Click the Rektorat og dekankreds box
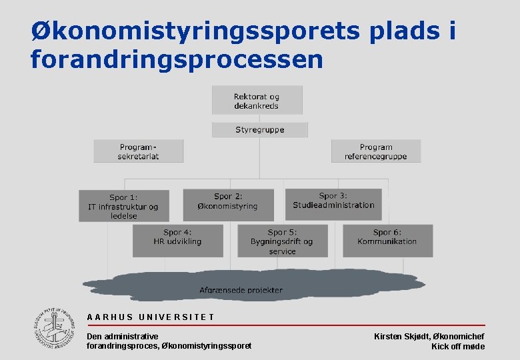coord(257,101)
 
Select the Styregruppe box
coord(259,129)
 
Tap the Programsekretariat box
coord(138,151)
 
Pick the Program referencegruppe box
coord(375,151)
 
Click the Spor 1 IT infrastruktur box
coord(123,206)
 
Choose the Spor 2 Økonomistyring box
coord(227,201)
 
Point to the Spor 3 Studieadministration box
coord(333,201)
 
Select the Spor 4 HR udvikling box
coord(177,240)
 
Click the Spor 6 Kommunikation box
coord(387,240)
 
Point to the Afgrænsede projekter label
coord(241,290)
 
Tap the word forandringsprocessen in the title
coord(177,60)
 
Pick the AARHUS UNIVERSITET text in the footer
coord(151,317)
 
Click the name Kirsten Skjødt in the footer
coord(401,337)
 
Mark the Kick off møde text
coord(458,347)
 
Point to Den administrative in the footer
coord(123,337)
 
